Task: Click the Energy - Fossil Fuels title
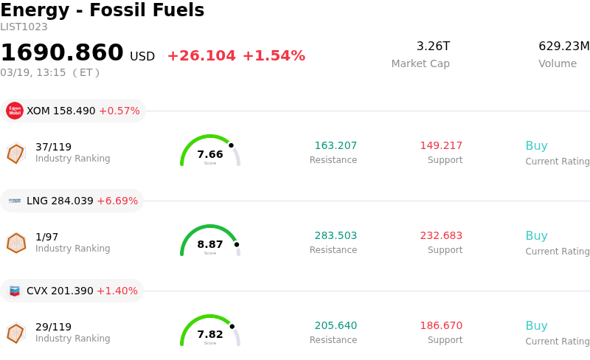coord(103,10)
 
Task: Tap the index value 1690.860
coord(62,53)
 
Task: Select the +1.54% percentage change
coord(274,56)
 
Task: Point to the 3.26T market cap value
coord(433,46)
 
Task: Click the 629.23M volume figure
coord(564,46)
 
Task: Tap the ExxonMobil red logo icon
coord(15,111)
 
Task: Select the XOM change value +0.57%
coord(119,111)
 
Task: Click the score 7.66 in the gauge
coord(210,154)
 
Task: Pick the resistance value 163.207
coord(336,145)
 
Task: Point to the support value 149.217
coord(441,145)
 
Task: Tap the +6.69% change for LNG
coord(117,201)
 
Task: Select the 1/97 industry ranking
coord(47,237)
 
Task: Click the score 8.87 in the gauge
coord(210,244)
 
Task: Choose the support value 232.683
coord(441,235)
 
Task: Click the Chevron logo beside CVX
coord(15,291)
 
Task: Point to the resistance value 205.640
coord(336,325)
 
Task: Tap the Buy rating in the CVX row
coord(536,325)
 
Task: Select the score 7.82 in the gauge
coord(210,334)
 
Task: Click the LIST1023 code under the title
coord(24,27)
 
